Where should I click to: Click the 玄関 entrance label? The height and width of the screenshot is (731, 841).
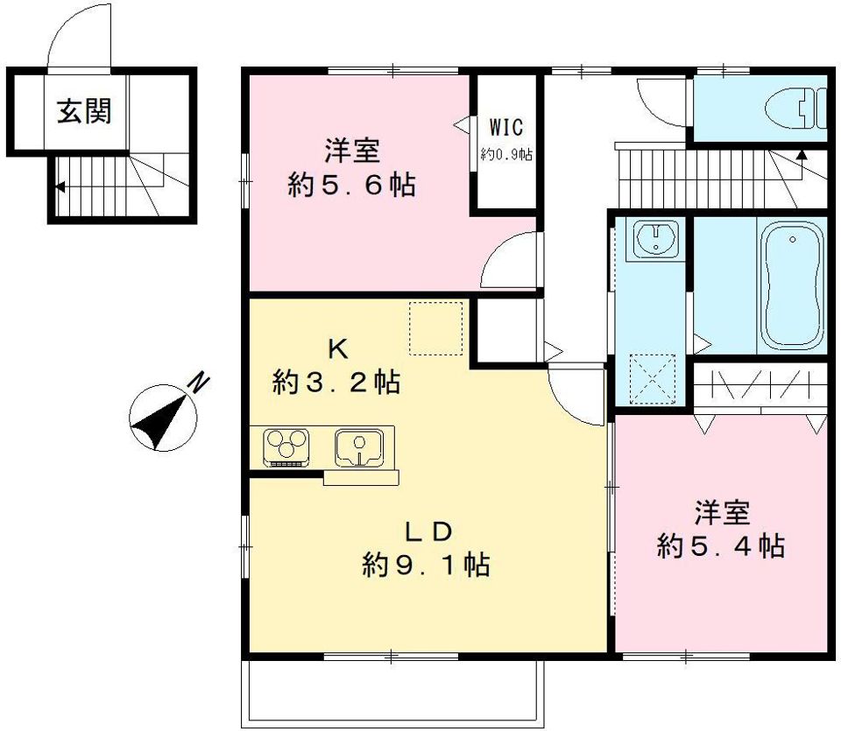point(85,111)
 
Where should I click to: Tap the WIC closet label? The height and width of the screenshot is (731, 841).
point(505,128)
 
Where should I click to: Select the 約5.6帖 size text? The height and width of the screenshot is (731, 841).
point(351,186)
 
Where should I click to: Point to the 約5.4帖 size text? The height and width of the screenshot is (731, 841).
point(721,546)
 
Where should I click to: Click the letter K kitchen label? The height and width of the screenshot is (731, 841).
point(338,349)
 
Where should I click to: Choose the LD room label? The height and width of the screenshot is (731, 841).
point(428,531)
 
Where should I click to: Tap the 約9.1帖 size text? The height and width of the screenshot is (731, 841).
point(426,565)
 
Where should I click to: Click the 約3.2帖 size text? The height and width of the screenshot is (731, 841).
point(336,383)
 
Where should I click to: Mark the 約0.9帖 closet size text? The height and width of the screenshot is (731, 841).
point(506,155)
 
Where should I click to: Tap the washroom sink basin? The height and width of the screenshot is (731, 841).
point(656,239)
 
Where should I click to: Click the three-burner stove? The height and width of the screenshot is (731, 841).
point(286,447)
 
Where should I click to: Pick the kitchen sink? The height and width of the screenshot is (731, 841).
point(359,447)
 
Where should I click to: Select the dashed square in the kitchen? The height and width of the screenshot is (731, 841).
point(435,328)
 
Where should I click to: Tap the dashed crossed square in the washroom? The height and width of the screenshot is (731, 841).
point(652,379)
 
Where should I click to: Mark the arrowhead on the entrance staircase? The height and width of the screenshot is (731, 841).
point(60,187)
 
